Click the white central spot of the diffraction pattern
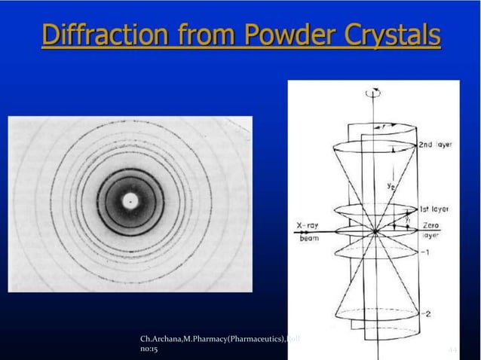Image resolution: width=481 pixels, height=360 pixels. [131, 201]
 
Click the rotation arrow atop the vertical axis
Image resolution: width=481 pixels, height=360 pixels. [369, 93]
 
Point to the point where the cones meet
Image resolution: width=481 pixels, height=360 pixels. [375, 232]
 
